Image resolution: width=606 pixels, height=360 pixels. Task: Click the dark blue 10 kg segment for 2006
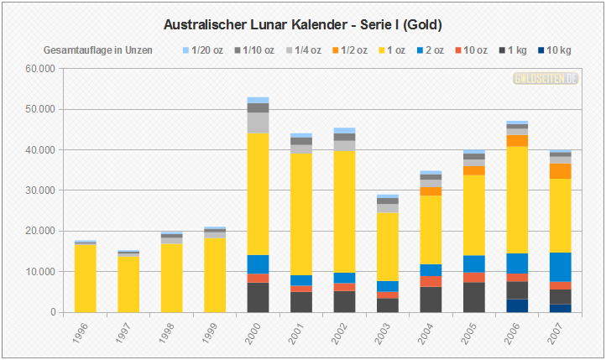516,305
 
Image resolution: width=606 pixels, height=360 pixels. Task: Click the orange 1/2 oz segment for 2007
560,170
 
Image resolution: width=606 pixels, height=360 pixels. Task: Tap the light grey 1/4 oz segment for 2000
258,123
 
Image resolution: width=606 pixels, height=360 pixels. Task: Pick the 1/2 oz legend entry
348,50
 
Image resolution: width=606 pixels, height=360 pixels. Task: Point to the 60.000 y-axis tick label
41,69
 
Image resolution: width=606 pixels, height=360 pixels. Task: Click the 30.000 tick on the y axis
41,190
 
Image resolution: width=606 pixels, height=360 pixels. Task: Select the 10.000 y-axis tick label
41,272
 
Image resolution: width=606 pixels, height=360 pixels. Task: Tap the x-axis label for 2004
428,334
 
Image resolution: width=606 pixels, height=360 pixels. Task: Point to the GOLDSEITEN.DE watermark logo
546,78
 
